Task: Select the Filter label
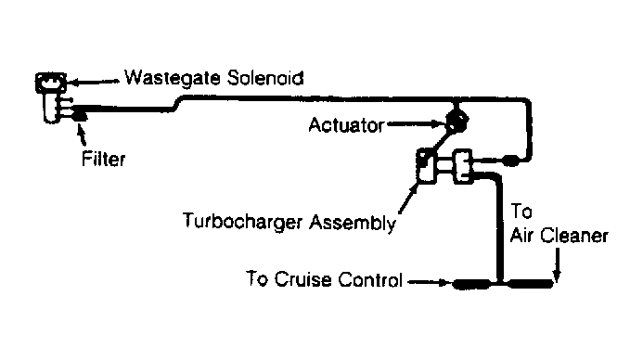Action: coord(103,159)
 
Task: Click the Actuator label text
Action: coord(346,125)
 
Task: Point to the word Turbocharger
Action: coord(243,221)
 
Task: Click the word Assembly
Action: coord(353,223)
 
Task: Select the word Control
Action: coord(370,279)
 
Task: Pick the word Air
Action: coord(522,236)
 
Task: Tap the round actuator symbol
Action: coord(457,120)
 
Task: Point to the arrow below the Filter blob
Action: coord(82,135)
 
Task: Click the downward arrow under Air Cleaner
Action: coord(557,265)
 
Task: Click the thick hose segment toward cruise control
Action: coord(471,283)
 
